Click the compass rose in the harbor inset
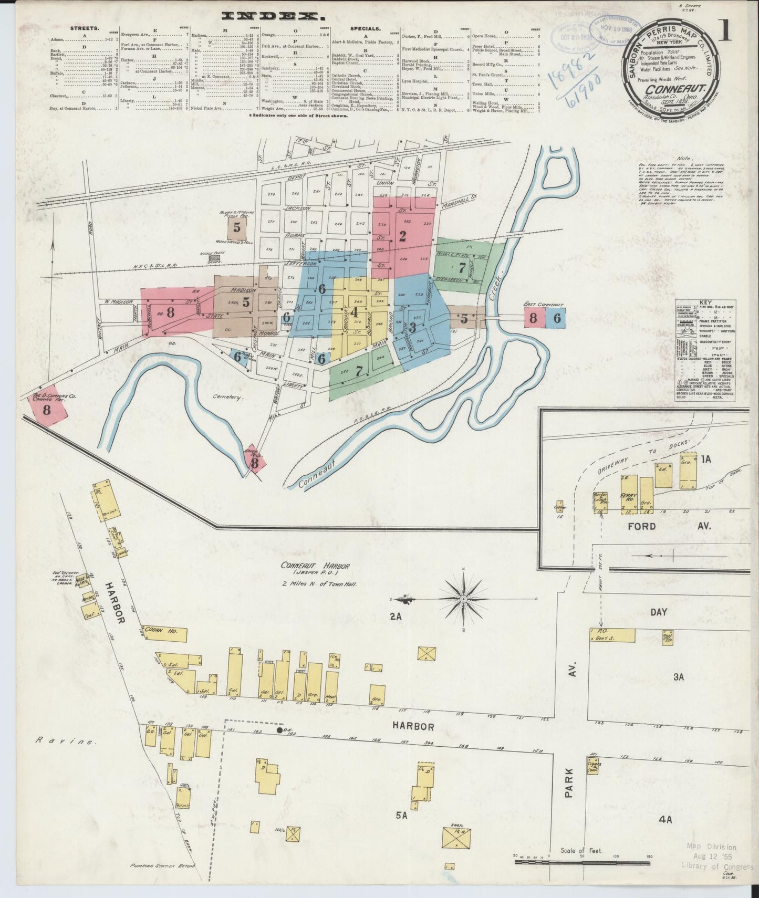coord(464,599)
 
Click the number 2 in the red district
coord(402,236)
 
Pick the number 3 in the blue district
coord(412,328)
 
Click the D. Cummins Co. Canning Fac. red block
coord(47,409)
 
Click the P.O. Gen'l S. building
coord(611,635)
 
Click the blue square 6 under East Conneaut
coord(556,318)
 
